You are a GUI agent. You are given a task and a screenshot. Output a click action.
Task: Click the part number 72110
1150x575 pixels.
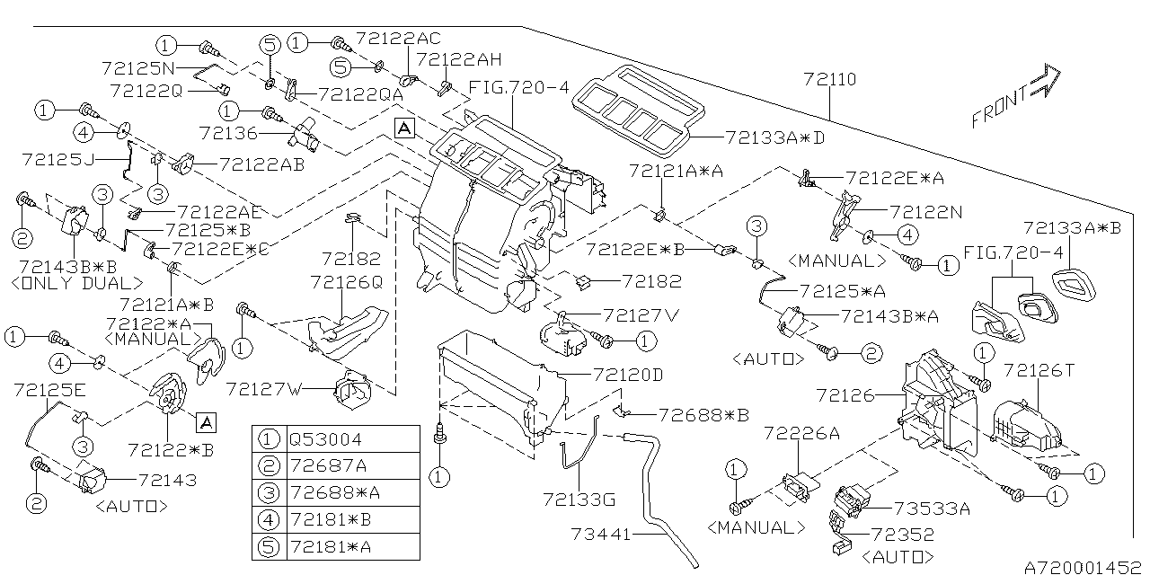click(830, 80)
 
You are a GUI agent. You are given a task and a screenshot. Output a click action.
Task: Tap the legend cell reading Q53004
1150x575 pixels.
click(324, 439)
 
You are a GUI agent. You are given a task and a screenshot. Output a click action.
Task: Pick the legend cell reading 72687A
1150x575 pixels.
click(324, 465)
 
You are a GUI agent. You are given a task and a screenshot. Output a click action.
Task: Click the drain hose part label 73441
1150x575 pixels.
click(602, 535)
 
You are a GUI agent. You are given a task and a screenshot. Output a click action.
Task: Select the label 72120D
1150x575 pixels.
click(627, 373)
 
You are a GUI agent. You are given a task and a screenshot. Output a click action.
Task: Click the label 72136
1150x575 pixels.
click(228, 133)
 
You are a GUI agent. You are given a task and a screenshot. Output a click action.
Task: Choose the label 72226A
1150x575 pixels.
click(801, 434)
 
